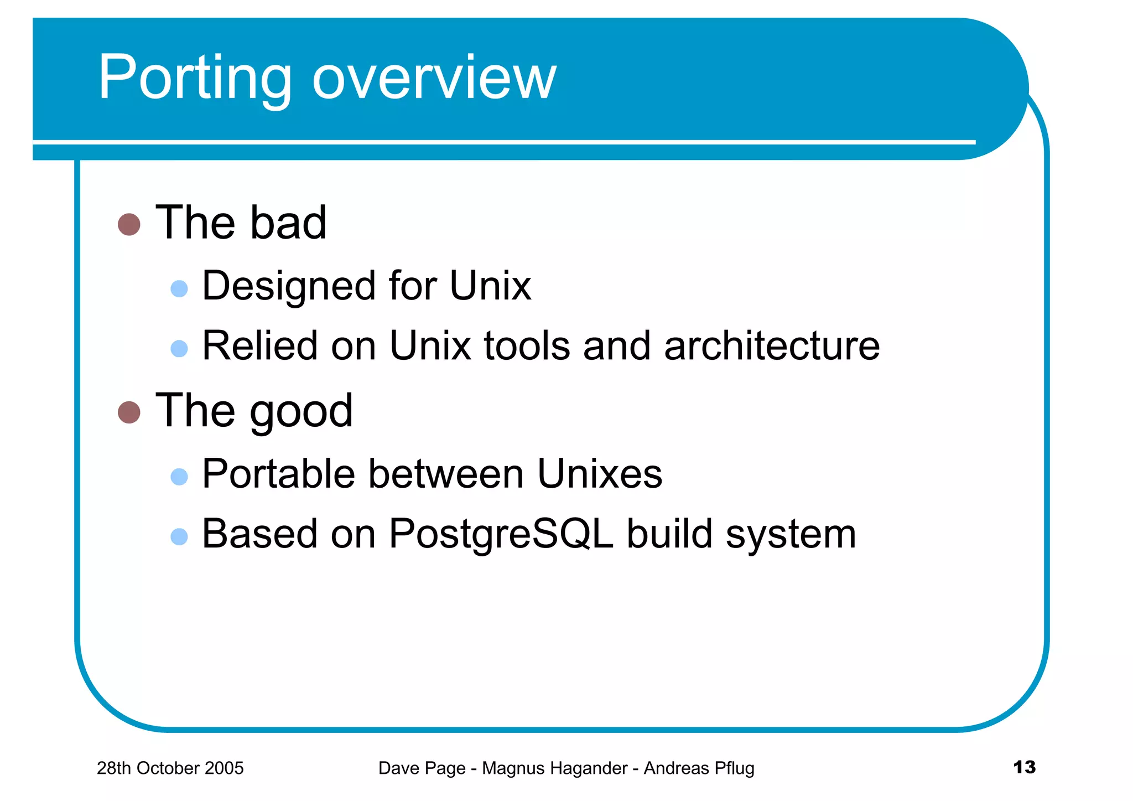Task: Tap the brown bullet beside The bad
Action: tap(129, 224)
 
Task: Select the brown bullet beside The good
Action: tap(129, 412)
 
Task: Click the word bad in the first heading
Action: tap(288, 223)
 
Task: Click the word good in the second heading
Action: tap(301, 411)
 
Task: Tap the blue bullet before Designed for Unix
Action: tap(179, 288)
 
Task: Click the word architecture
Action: tap(772, 346)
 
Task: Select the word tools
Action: tap(527, 346)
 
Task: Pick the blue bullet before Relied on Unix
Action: tap(179, 348)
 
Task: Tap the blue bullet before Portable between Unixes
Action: tap(179, 477)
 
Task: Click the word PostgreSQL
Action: tap(501, 534)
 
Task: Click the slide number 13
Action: tap(1024, 767)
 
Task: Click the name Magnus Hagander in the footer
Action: tap(554, 768)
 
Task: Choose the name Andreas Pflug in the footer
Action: tap(699, 768)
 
